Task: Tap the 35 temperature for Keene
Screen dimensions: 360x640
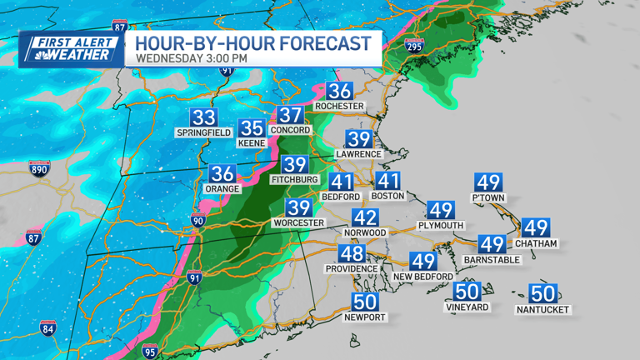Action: [252, 128]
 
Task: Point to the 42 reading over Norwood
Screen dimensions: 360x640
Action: [365, 217]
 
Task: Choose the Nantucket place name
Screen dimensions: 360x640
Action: [542, 310]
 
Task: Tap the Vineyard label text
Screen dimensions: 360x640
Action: [467, 307]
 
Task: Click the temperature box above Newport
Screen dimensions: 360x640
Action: [365, 302]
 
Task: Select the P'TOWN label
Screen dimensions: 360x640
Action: [487, 198]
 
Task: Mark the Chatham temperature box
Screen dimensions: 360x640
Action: [536, 228]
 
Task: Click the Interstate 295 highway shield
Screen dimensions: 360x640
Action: [413, 47]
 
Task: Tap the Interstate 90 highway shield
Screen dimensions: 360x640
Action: [197, 221]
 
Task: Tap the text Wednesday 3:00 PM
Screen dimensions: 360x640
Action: [192, 59]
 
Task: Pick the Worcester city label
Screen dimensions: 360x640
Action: [298, 223]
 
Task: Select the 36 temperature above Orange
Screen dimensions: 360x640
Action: [222, 174]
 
